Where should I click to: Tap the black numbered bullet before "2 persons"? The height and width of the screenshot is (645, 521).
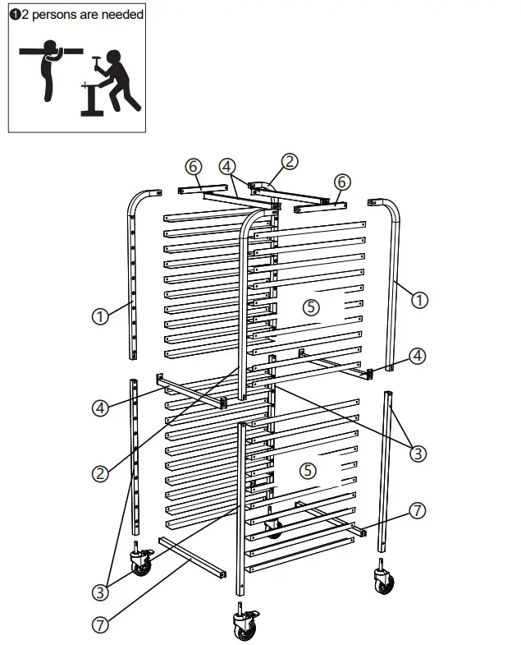coord(14,15)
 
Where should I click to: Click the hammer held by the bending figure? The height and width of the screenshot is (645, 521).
coord(96,62)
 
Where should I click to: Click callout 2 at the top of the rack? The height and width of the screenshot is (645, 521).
coord(290,162)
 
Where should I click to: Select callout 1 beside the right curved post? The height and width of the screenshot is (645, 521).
coord(419,300)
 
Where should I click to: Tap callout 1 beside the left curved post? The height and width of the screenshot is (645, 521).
coord(99,316)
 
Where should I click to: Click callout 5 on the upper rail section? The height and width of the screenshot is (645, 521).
coord(309,306)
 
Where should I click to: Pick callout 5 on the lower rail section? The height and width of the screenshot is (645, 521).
coord(307,471)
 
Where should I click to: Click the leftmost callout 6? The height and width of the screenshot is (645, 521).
coord(193,166)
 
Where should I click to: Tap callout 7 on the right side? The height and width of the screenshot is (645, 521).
coord(418,511)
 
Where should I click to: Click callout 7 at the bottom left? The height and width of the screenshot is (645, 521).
coord(99,624)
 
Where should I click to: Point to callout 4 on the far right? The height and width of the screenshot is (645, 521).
coord(418,356)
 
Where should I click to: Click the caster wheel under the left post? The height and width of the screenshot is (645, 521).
coord(141,564)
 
